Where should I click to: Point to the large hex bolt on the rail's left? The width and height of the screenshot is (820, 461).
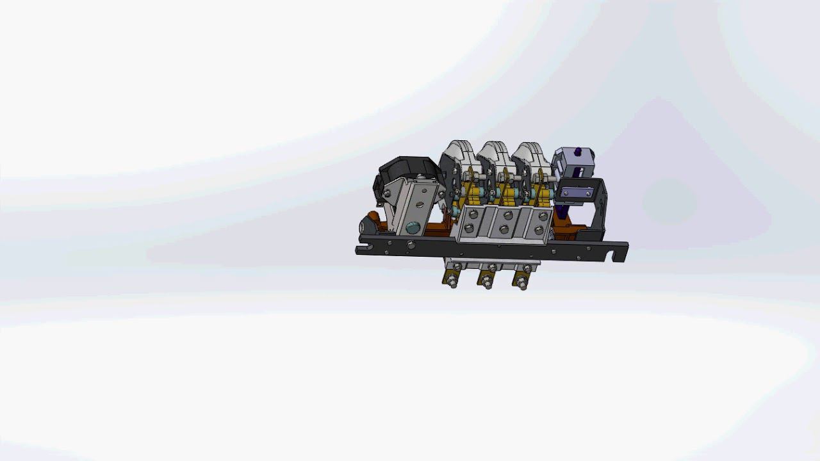[x=410, y=244]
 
